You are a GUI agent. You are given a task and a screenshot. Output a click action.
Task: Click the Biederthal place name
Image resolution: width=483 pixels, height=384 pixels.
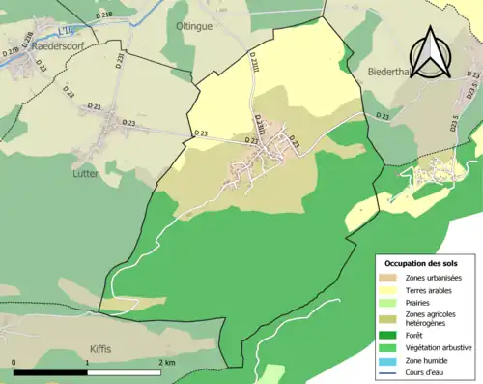pos(390,71)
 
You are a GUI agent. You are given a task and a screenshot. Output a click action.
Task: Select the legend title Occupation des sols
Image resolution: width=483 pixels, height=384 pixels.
pos(420,263)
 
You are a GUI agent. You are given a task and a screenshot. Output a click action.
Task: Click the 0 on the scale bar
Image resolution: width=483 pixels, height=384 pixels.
pos(14,362)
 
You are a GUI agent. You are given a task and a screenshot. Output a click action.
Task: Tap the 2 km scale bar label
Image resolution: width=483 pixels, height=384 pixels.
pos(166,362)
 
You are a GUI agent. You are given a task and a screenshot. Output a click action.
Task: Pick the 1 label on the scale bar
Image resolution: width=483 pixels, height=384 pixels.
pos(89,362)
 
